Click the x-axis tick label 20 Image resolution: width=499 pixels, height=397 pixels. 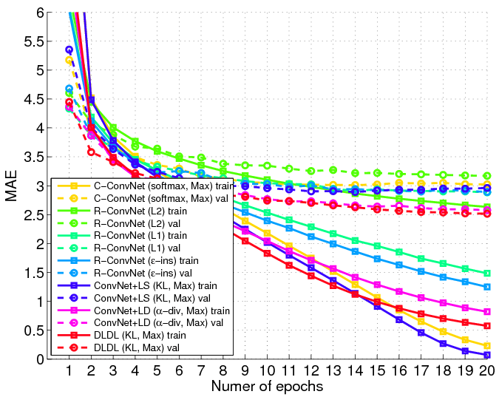486,369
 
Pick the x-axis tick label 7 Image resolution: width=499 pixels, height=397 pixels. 201,369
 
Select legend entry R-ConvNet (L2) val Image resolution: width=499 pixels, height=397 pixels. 149,223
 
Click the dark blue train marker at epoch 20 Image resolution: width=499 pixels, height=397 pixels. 487,355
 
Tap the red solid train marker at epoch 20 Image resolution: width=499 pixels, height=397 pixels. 487,326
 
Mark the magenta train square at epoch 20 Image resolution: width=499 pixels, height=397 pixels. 487,312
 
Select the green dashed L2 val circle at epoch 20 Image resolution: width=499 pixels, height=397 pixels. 487,176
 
